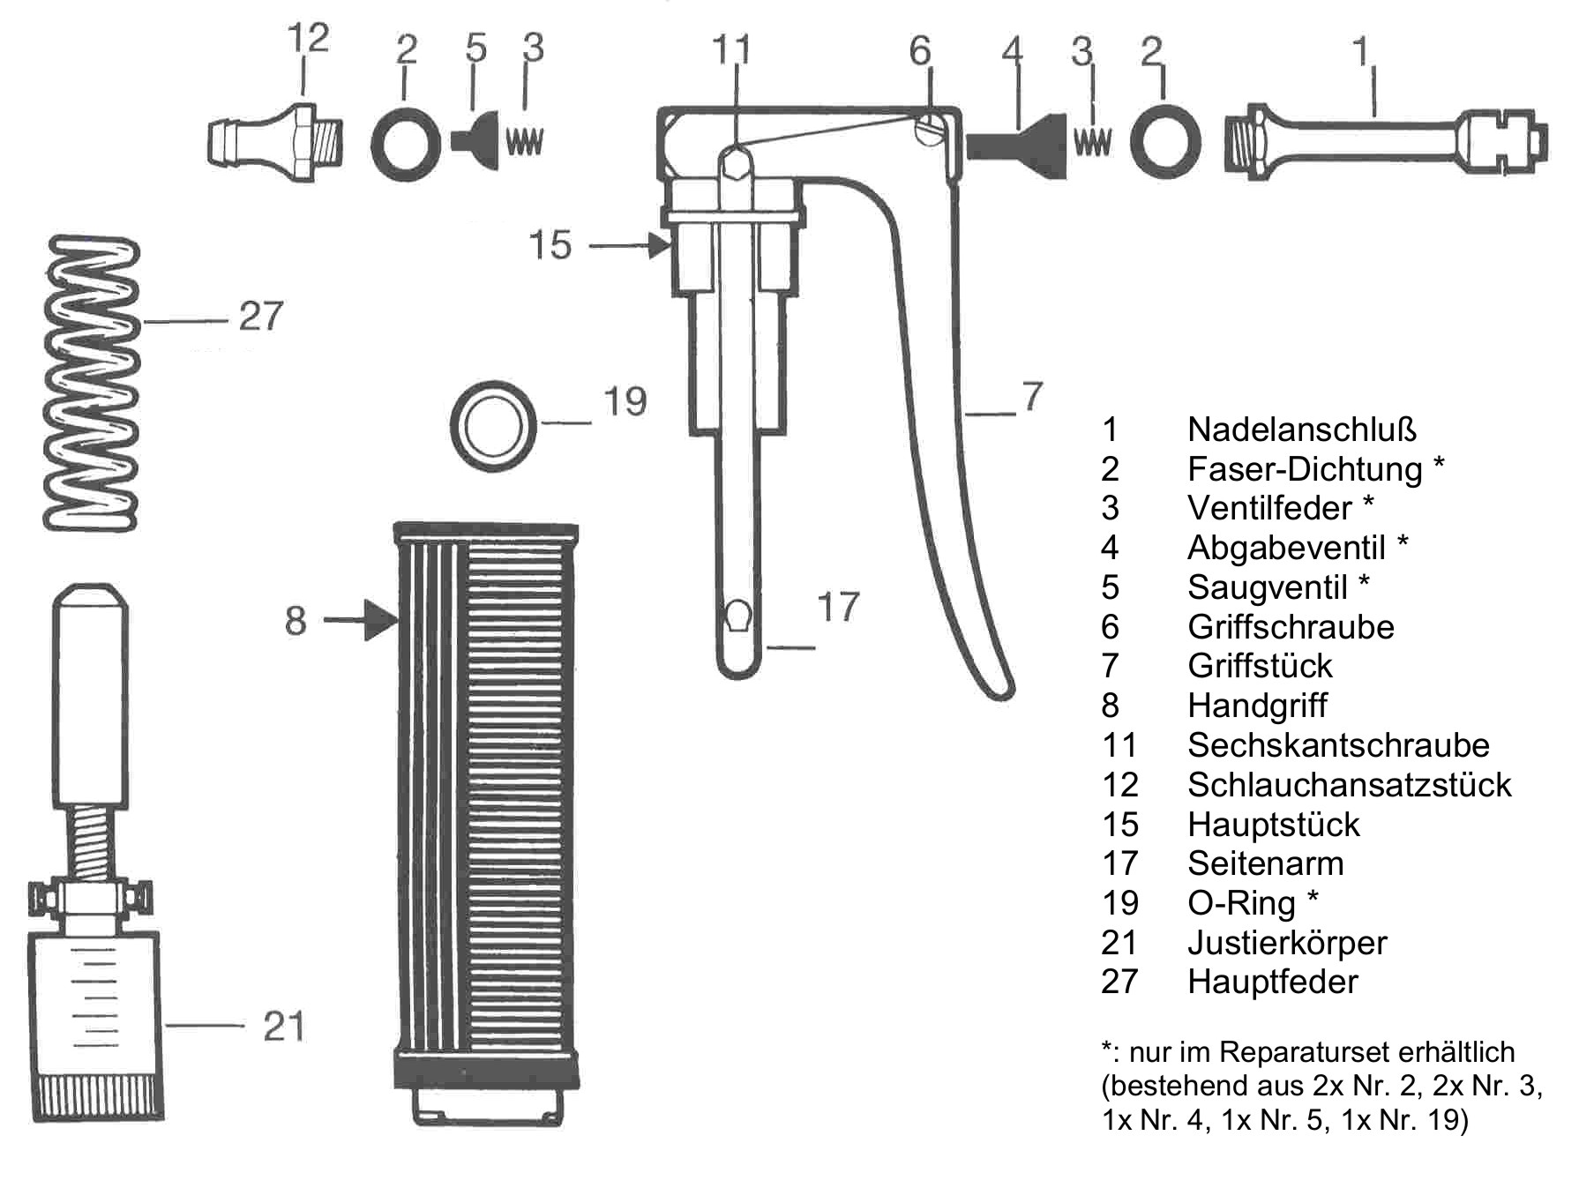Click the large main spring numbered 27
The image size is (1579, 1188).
[92, 384]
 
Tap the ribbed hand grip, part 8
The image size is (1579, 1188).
[486, 825]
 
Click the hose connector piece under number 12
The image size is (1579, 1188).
[276, 142]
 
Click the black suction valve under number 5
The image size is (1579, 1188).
[476, 139]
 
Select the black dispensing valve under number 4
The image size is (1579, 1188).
[1018, 142]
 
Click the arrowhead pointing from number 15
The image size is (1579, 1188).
[660, 245]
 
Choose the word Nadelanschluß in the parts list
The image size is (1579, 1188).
[1302, 430]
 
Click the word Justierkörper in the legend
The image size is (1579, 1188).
[1287, 943]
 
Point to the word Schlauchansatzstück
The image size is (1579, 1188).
[1350, 785]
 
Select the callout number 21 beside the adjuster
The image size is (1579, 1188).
[284, 1027]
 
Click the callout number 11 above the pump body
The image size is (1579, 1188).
[731, 50]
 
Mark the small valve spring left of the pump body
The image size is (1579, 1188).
[525, 142]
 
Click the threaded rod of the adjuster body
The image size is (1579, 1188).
[91, 841]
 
